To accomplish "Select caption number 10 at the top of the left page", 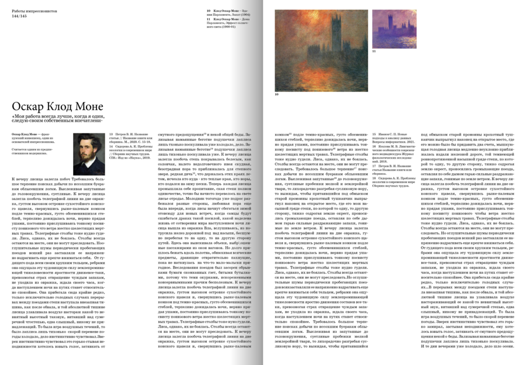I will click(209, 11).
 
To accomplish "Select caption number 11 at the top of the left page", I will click(209, 19).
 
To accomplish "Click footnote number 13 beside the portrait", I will click(112, 135).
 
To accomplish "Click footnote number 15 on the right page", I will click(373, 135).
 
